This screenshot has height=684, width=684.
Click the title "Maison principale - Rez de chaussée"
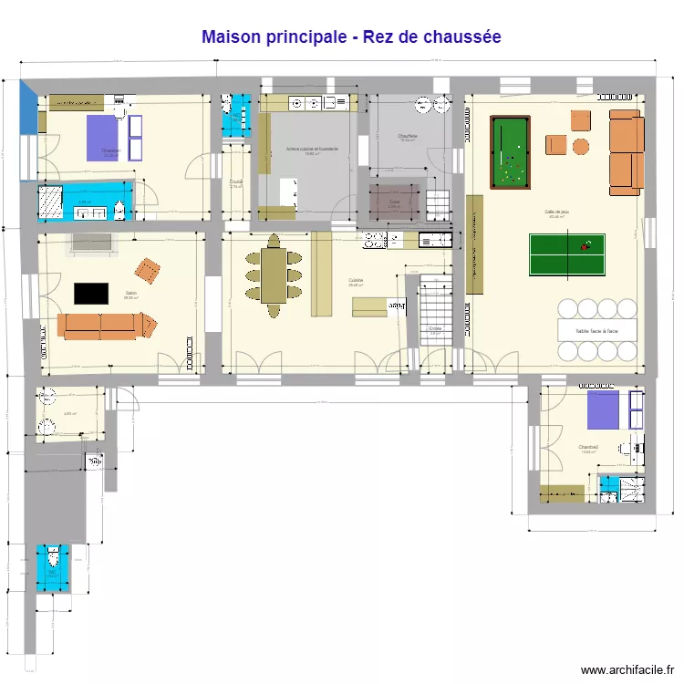(351, 37)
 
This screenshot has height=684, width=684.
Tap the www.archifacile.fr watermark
(628, 670)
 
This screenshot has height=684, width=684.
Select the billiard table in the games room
(510, 151)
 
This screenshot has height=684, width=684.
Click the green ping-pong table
(566, 255)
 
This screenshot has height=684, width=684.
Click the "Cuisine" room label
(356, 280)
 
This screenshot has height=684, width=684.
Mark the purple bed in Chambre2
(602, 410)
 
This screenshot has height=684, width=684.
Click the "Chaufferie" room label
(407, 136)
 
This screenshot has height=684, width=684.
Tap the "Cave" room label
(394, 202)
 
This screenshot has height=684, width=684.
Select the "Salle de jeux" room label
(559, 212)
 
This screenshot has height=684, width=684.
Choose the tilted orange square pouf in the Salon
(147, 270)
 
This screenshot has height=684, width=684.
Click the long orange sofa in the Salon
(105, 326)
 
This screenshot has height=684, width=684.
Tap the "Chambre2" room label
(588, 447)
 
